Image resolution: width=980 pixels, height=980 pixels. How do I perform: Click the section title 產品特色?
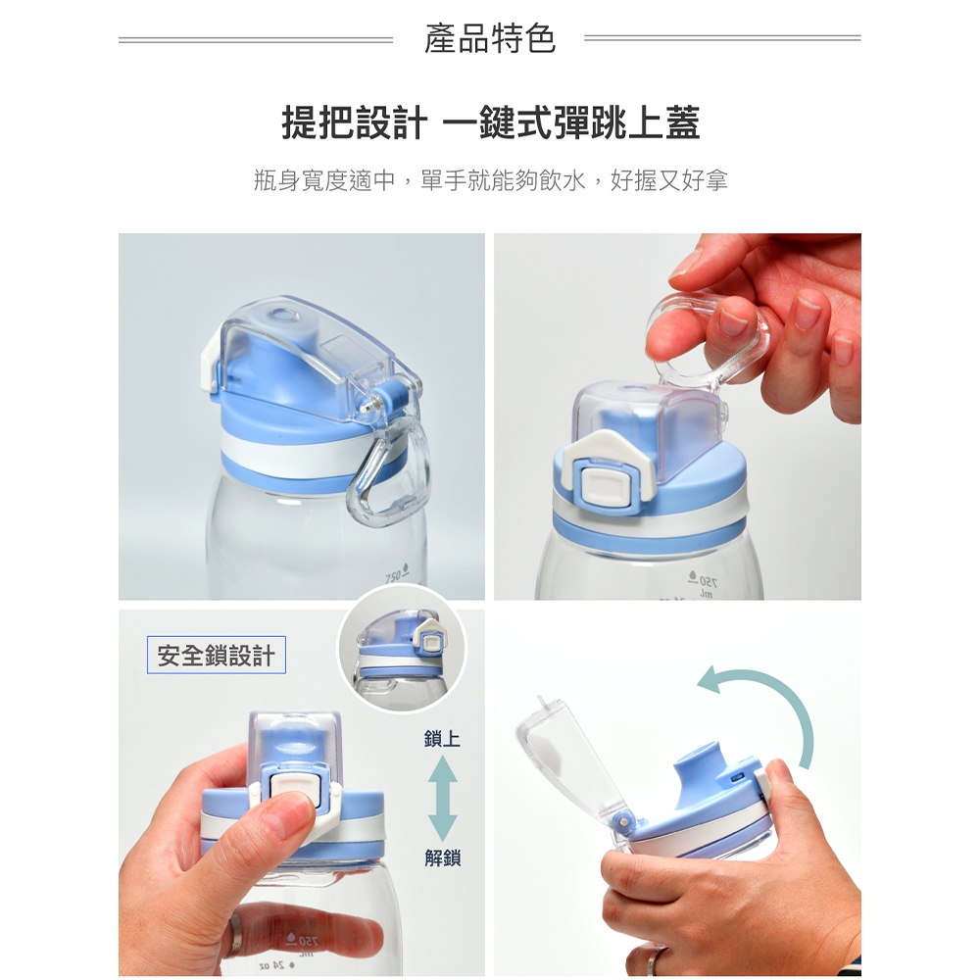pos(490,38)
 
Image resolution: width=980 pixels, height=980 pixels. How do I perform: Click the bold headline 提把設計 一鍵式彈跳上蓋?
pos(491,122)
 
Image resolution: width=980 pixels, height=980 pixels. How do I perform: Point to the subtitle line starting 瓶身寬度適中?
pos(491,180)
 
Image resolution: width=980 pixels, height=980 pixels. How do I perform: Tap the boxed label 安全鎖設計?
pos(217,655)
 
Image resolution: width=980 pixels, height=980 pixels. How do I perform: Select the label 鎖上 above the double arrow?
pos(442,739)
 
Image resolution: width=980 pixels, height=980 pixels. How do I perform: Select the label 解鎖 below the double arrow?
pos(442,858)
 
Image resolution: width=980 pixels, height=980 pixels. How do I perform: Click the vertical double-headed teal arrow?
pos(443,799)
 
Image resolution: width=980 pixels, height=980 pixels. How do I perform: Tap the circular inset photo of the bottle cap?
pos(402,650)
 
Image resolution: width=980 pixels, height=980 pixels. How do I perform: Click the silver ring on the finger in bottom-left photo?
pos(234,935)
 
